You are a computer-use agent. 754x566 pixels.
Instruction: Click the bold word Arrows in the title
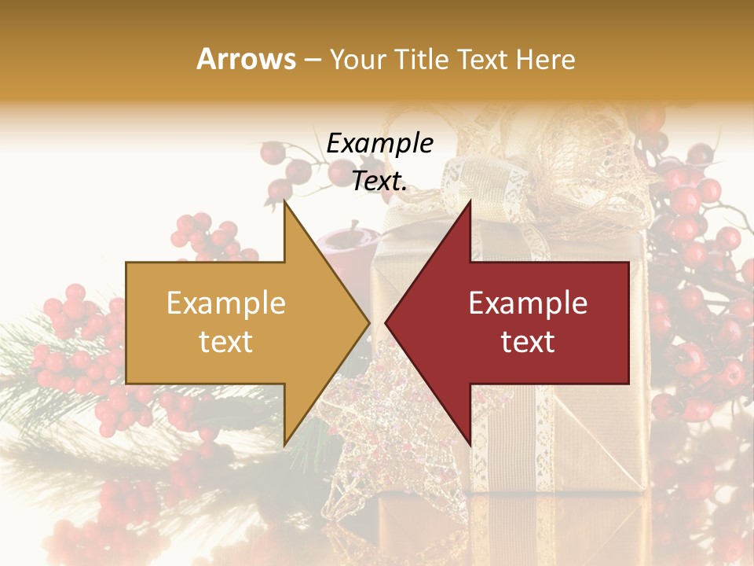tap(247, 59)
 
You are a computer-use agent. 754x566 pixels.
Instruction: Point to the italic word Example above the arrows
tap(379, 143)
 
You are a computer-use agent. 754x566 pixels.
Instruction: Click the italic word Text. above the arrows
tap(379, 181)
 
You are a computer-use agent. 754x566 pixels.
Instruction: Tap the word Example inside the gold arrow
tap(225, 303)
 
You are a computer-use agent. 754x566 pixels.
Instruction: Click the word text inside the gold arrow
tap(225, 342)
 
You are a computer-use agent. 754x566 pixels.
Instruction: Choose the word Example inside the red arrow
tap(528, 303)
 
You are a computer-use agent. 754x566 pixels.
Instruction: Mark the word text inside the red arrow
tap(528, 342)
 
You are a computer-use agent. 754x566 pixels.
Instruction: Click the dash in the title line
tap(313, 60)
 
